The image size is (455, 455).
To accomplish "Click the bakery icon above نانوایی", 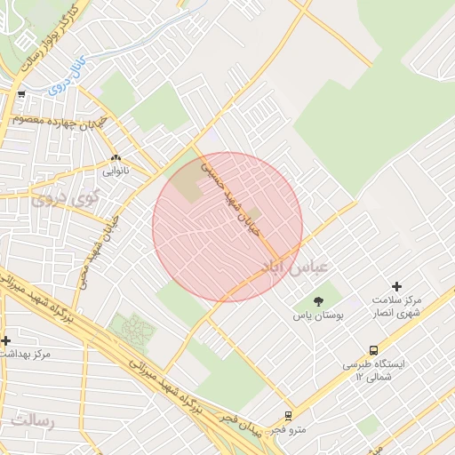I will click(x=116, y=157).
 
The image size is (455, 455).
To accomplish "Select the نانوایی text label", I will click(x=116, y=170).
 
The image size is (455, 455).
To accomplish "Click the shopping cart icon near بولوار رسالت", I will click(x=21, y=94).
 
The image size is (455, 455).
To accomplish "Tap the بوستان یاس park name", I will click(x=319, y=315).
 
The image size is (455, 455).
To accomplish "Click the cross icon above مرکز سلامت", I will click(x=396, y=286).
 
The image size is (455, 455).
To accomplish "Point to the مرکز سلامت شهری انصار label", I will click(x=396, y=307).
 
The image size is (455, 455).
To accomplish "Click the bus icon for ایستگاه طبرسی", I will click(x=373, y=350).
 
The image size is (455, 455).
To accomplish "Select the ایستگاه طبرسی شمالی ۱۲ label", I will click(x=373, y=371).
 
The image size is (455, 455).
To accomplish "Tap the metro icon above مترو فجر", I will click(x=289, y=415).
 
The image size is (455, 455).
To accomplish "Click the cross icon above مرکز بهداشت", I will click(x=6, y=340).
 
